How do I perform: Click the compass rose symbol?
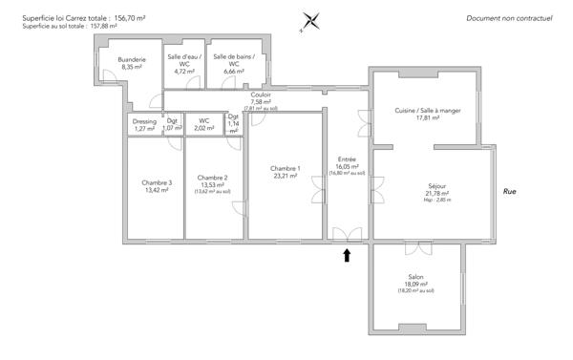(x=308, y=21)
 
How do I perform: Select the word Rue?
(x=510, y=192)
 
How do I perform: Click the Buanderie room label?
(x=132, y=59)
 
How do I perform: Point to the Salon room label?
(x=416, y=277)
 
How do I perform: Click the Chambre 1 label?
(x=286, y=169)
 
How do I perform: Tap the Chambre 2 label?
(x=212, y=178)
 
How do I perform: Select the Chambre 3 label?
(x=157, y=182)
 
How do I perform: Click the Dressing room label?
(x=144, y=121)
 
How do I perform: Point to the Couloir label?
(x=261, y=95)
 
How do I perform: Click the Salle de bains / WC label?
(x=234, y=57)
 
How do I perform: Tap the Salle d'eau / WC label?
(x=185, y=57)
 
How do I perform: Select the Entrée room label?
(x=347, y=159)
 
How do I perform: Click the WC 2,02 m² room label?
(x=203, y=121)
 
